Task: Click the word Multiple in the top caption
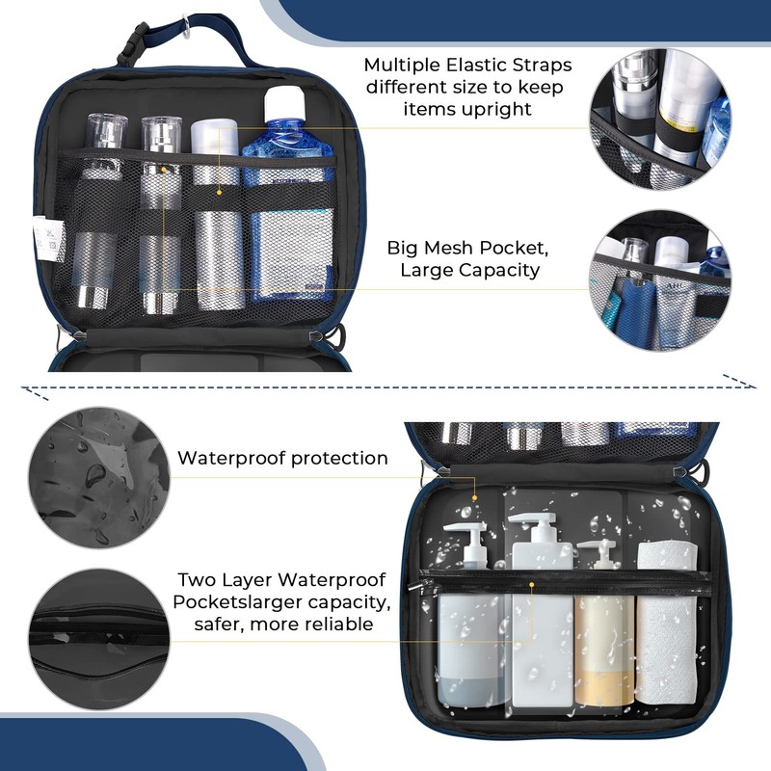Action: pyautogui.click(x=401, y=66)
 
